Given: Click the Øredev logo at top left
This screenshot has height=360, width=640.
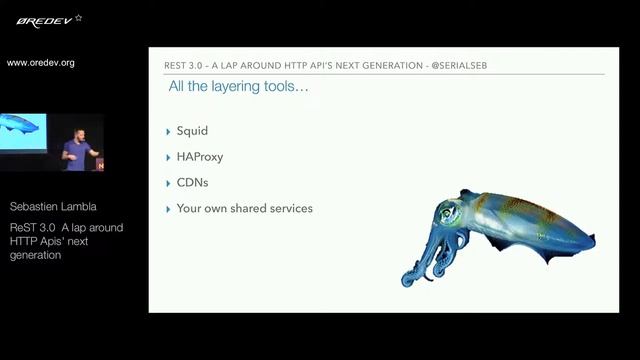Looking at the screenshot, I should pos(39,19).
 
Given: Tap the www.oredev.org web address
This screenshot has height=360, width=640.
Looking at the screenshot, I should pos(41,63).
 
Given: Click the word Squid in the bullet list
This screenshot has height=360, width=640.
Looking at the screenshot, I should pos(192,131).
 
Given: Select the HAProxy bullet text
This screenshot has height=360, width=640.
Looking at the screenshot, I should pos(200,157).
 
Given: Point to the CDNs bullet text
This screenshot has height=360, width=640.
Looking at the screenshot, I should pos(193,183).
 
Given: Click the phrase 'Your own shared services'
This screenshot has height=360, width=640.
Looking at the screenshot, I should pos(244,209).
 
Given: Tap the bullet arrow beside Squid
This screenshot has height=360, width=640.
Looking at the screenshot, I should pos(168,131).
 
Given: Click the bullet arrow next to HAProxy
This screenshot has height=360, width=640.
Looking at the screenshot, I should pos(168,157).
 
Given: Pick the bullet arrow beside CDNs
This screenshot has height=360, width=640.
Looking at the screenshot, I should pos(168,183).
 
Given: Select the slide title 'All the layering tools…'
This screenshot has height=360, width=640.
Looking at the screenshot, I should pos(238,88).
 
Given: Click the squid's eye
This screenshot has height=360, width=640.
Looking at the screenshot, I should pos(447,211).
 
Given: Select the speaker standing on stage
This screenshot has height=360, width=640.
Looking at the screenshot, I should pos(76,150).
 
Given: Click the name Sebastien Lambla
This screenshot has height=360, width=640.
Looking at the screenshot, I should pos(53,207).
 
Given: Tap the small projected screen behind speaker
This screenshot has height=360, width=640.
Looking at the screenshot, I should pos(22,131).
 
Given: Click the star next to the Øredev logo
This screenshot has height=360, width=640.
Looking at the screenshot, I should pos(79,17).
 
